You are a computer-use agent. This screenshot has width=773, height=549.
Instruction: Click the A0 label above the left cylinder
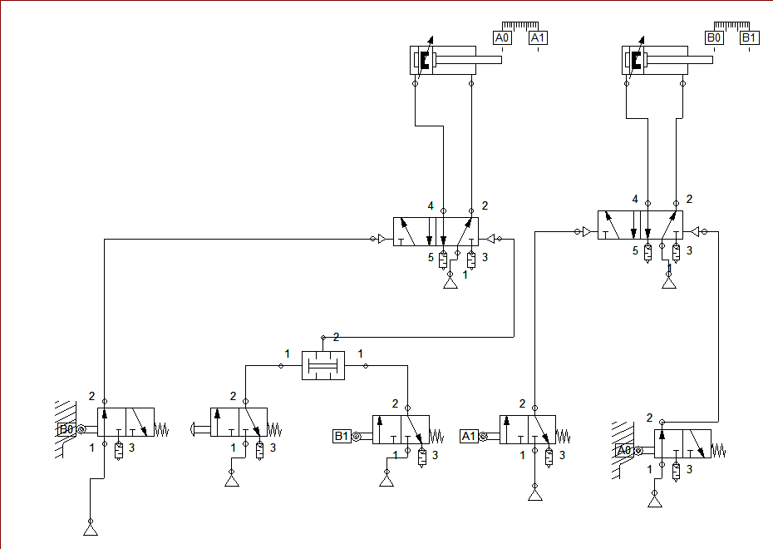[502, 37]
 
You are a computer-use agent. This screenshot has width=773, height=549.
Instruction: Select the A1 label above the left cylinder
[538, 37]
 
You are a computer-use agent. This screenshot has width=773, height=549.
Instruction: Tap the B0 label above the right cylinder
[714, 37]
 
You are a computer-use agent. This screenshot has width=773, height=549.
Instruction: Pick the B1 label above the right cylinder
[750, 37]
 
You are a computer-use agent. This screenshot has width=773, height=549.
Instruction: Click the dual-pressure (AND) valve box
[322, 365]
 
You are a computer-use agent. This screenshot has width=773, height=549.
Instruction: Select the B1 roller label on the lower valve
[341, 436]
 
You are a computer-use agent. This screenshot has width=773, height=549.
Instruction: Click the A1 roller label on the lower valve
[468, 436]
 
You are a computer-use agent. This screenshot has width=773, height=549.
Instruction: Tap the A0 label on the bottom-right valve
[623, 450]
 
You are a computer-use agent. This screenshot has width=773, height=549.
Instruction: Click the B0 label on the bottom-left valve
[66, 429]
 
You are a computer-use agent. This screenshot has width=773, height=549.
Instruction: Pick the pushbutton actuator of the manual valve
[199, 429]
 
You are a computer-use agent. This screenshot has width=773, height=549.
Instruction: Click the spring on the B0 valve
[161, 430]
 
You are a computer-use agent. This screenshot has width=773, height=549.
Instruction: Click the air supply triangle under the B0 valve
[90, 528]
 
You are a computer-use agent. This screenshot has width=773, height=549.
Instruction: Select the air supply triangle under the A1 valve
[534, 495]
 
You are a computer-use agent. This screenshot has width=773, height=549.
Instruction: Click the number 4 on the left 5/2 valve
[431, 205]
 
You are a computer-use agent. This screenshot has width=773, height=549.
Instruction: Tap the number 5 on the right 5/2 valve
[635, 250]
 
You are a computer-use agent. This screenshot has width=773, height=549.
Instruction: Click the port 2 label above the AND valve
[337, 337]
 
